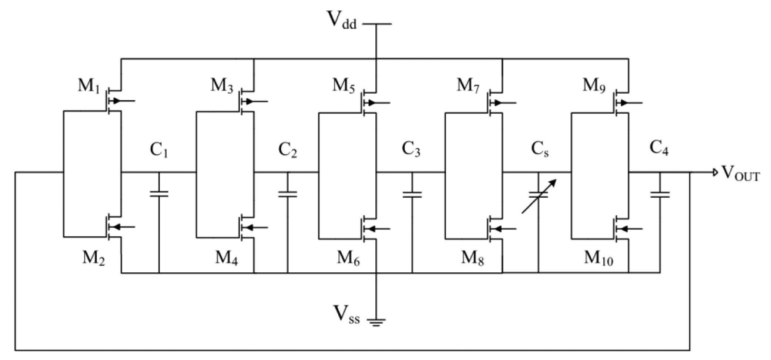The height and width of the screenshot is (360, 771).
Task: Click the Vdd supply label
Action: (341, 20)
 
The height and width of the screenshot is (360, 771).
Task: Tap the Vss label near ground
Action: (346, 315)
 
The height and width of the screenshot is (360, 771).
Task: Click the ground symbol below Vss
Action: (376, 323)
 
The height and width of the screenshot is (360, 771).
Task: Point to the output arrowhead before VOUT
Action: (715, 172)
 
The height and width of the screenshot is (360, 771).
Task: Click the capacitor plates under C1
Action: (159, 194)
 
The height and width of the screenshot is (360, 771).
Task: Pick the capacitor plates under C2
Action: (288, 194)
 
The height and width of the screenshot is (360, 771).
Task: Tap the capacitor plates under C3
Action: (412, 194)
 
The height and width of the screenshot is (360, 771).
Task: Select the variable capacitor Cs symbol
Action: (539, 195)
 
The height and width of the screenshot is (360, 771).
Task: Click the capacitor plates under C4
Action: (660, 194)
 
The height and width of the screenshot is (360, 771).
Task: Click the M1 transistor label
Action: (88, 86)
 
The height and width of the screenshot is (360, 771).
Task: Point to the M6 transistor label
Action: (348, 258)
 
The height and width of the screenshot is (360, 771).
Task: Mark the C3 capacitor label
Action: (411, 149)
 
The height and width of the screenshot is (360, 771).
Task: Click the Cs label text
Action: (540, 149)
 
